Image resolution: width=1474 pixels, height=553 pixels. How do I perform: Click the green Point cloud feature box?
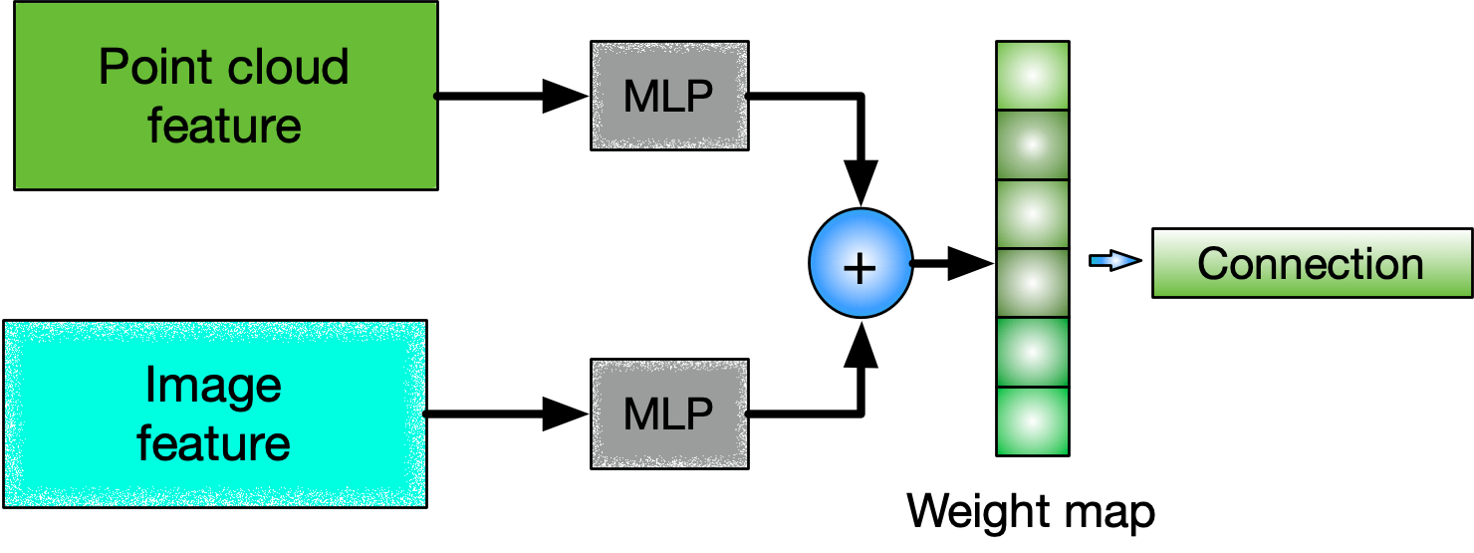(225, 96)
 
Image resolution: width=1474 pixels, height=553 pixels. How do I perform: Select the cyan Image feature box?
(215, 415)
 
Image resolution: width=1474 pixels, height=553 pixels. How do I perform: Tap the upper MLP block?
(669, 96)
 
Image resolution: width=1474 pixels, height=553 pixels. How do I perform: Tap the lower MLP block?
(669, 415)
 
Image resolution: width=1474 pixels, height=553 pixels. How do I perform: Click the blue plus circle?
(860, 263)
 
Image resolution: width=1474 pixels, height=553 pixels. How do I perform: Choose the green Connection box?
(1311, 263)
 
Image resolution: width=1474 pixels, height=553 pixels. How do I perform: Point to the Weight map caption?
(1031, 511)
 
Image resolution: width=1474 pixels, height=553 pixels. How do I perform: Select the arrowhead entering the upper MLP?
(566, 97)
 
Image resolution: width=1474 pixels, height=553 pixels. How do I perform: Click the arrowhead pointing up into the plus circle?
(860, 341)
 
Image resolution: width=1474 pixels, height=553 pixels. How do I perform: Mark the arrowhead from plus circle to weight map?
(972, 263)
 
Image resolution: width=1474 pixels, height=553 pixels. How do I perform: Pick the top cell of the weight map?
(1033, 75)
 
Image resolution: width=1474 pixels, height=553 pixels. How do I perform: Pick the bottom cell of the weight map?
(1033, 421)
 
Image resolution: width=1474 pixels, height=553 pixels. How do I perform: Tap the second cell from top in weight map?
(1033, 143)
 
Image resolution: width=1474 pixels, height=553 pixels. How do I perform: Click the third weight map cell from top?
(1033, 213)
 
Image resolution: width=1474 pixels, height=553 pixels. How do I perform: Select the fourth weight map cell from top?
(1033, 282)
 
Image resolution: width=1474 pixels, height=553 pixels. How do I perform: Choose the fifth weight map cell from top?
(1033, 352)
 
